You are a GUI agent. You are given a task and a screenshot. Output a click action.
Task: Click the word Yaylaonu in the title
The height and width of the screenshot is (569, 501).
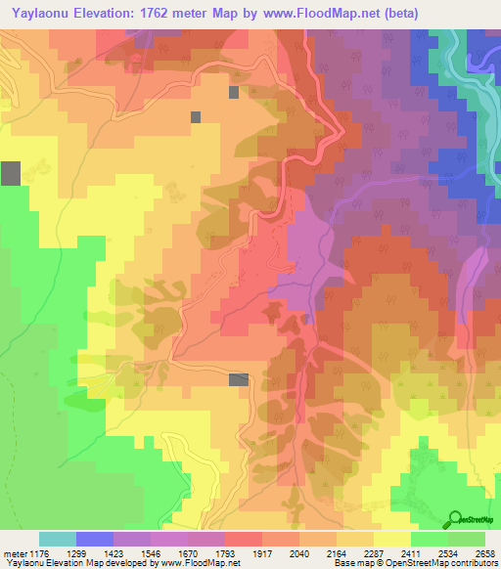point(44,13)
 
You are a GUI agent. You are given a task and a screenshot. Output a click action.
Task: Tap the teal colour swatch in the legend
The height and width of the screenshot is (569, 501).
point(58,539)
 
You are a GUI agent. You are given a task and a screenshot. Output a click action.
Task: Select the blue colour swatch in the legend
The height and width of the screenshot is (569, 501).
point(95,539)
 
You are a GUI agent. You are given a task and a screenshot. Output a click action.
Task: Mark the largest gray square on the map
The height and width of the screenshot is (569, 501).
point(11,174)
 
